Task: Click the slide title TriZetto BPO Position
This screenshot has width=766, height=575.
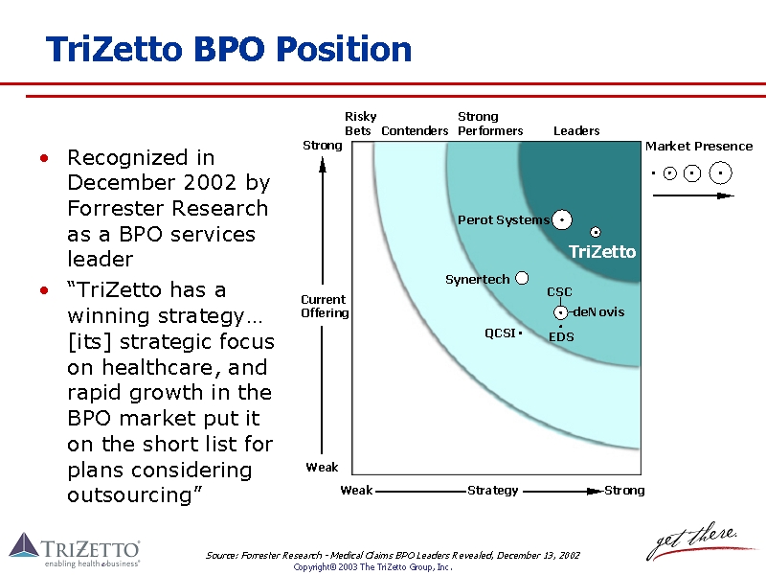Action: click(229, 49)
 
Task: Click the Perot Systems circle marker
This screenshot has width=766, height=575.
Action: click(562, 220)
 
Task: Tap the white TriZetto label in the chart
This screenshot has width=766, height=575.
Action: click(601, 252)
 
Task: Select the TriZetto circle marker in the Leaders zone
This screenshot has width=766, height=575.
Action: click(596, 232)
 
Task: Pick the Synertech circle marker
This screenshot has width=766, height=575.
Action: click(522, 279)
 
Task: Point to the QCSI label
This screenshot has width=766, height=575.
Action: click(500, 333)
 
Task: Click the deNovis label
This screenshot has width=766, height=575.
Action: click(598, 312)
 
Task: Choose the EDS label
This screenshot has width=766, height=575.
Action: click(561, 337)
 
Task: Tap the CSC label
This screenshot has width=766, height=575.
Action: click(559, 292)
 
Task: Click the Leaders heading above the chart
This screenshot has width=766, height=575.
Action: click(576, 131)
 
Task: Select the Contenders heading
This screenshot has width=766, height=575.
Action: click(415, 131)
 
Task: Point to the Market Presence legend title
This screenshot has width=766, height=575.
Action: click(699, 147)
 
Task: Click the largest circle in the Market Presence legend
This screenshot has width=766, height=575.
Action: click(721, 173)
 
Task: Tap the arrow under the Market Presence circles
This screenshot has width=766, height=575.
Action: click(692, 195)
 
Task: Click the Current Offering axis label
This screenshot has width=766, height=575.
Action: click(325, 307)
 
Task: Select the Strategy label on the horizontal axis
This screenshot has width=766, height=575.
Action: click(493, 491)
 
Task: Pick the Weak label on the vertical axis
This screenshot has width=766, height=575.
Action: click(322, 468)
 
